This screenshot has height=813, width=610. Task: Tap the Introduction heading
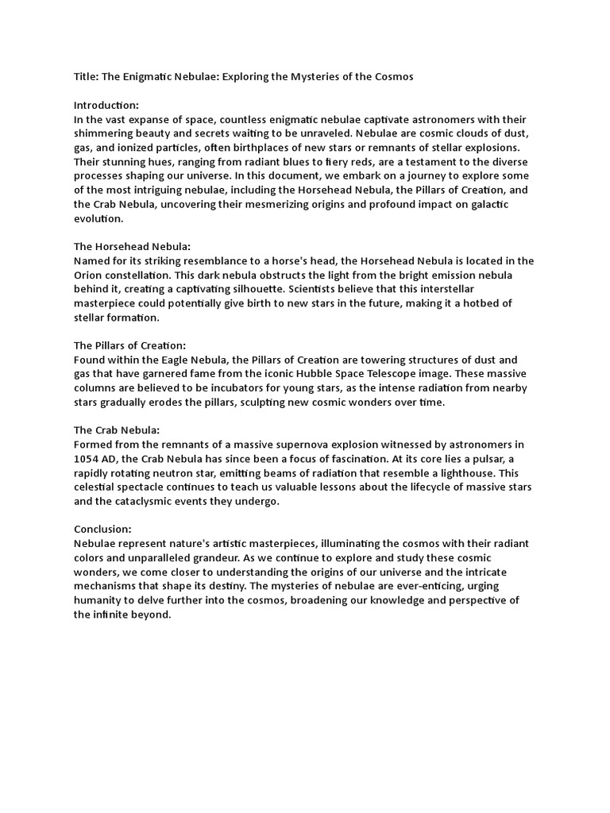106,106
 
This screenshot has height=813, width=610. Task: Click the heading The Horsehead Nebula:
132,246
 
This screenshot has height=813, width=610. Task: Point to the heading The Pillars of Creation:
130,345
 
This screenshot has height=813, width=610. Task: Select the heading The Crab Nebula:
117,430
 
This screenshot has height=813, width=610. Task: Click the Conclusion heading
102,529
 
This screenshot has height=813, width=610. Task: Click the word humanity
100,600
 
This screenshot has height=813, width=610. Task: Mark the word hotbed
481,303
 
